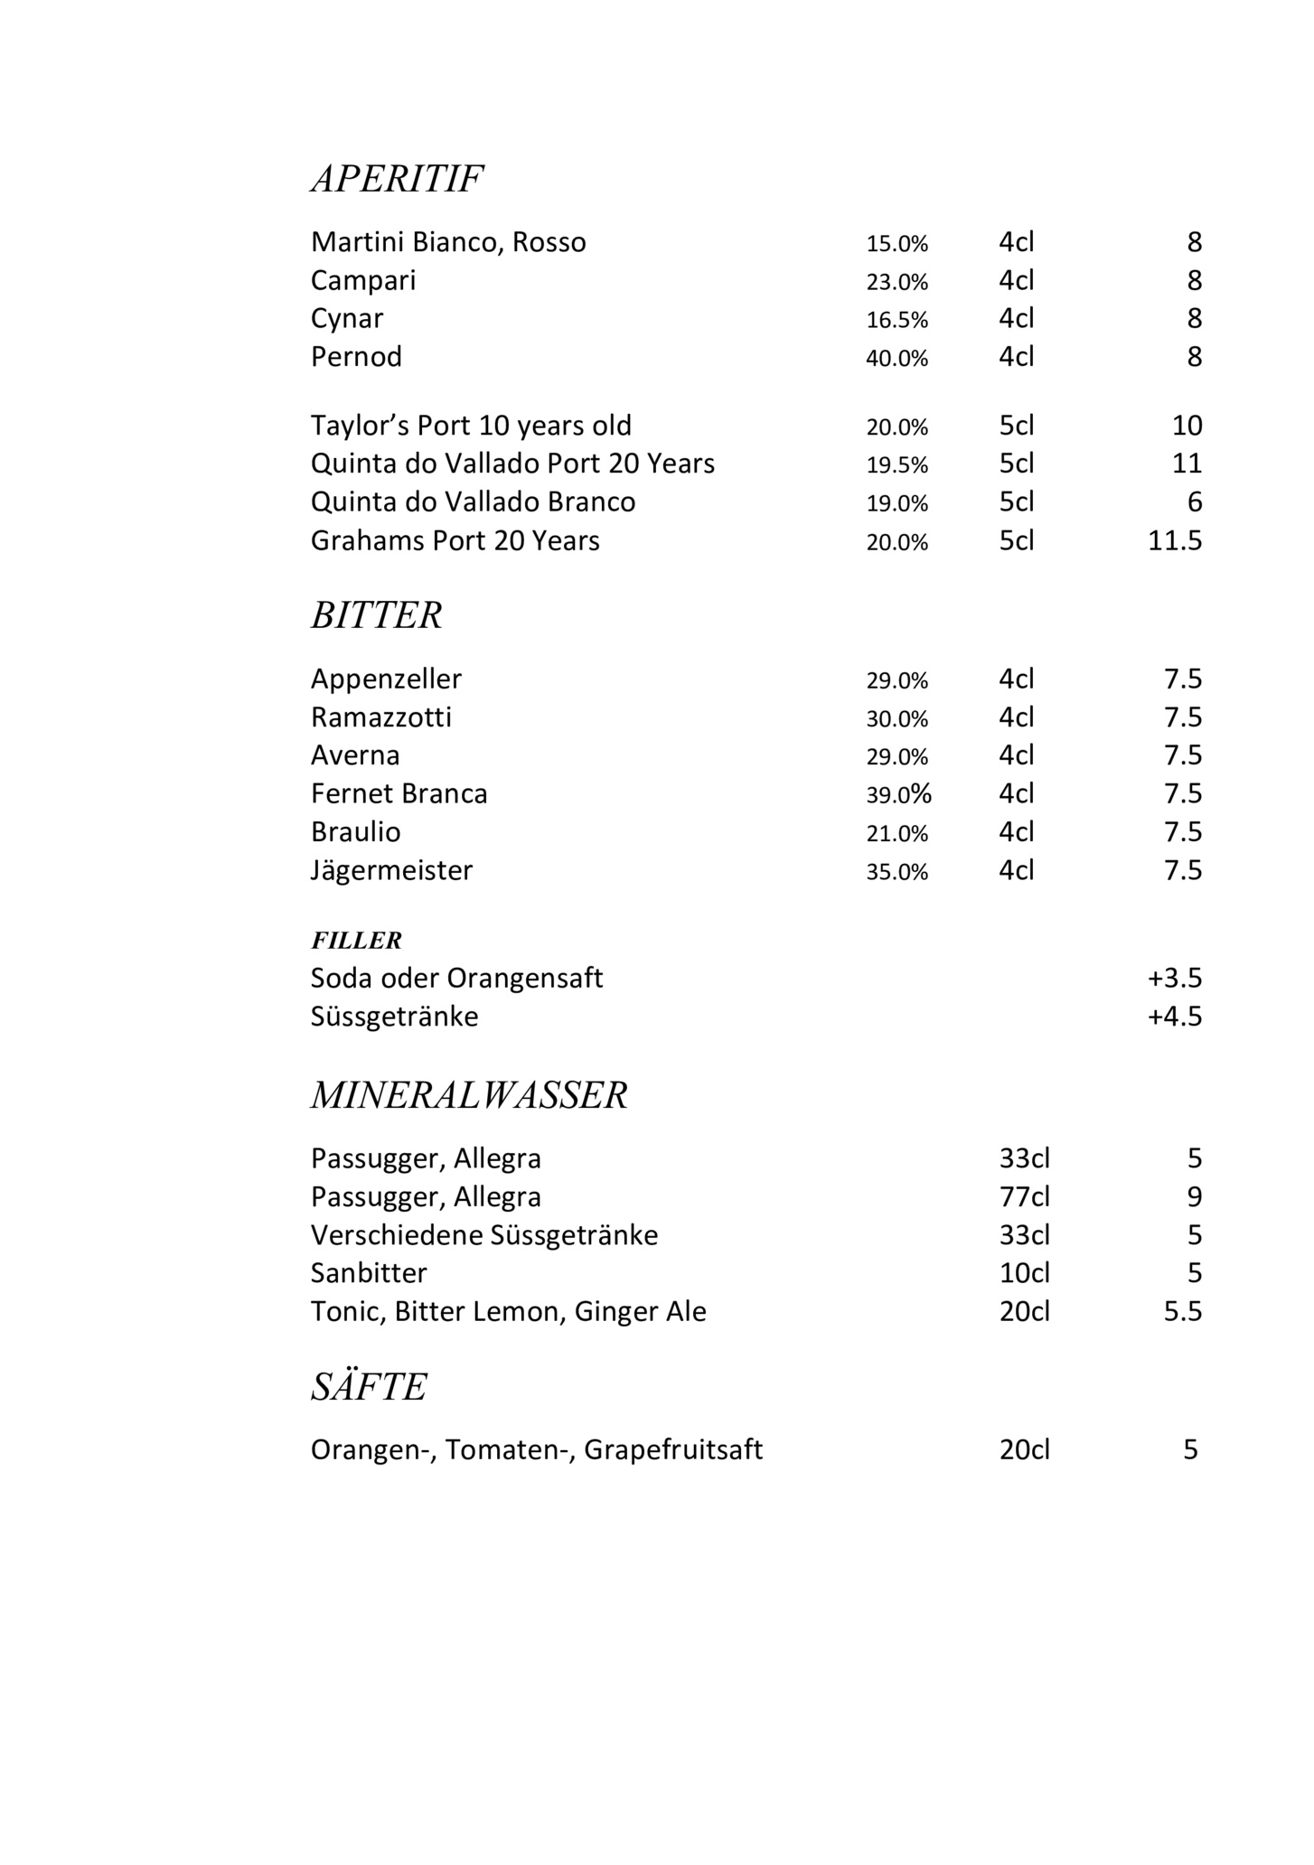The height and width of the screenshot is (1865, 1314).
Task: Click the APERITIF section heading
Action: (x=397, y=179)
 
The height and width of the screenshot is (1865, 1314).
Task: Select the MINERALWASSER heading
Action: (x=469, y=1095)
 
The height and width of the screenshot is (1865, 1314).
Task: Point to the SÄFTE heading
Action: (x=369, y=1387)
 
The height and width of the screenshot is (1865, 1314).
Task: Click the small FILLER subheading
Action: (x=356, y=941)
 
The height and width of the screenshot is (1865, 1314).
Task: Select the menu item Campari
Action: (x=363, y=281)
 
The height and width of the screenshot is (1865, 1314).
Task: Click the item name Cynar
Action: (x=347, y=319)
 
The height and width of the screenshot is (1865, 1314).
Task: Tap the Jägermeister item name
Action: (x=391, y=870)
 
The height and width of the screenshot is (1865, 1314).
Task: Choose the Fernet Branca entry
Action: (x=399, y=793)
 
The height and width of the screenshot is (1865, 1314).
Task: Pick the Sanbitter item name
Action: (x=369, y=1273)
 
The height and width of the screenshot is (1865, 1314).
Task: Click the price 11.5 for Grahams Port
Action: (x=1175, y=540)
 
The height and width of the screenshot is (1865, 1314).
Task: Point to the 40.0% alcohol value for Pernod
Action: (x=896, y=358)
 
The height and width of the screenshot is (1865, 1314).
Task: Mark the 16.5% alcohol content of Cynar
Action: (x=896, y=320)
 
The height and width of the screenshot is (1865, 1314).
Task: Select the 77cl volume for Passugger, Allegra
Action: (x=1025, y=1197)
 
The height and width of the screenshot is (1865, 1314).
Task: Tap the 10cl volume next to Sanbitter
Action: (x=1025, y=1273)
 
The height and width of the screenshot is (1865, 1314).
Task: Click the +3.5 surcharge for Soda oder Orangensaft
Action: (x=1175, y=979)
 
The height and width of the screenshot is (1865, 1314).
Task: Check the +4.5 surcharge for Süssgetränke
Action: (x=1175, y=1017)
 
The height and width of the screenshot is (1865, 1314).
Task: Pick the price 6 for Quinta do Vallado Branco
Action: (x=1195, y=502)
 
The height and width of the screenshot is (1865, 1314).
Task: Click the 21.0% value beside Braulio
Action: (x=896, y=833)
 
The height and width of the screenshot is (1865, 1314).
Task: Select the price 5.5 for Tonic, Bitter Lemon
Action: (x=1183, y=1311)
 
